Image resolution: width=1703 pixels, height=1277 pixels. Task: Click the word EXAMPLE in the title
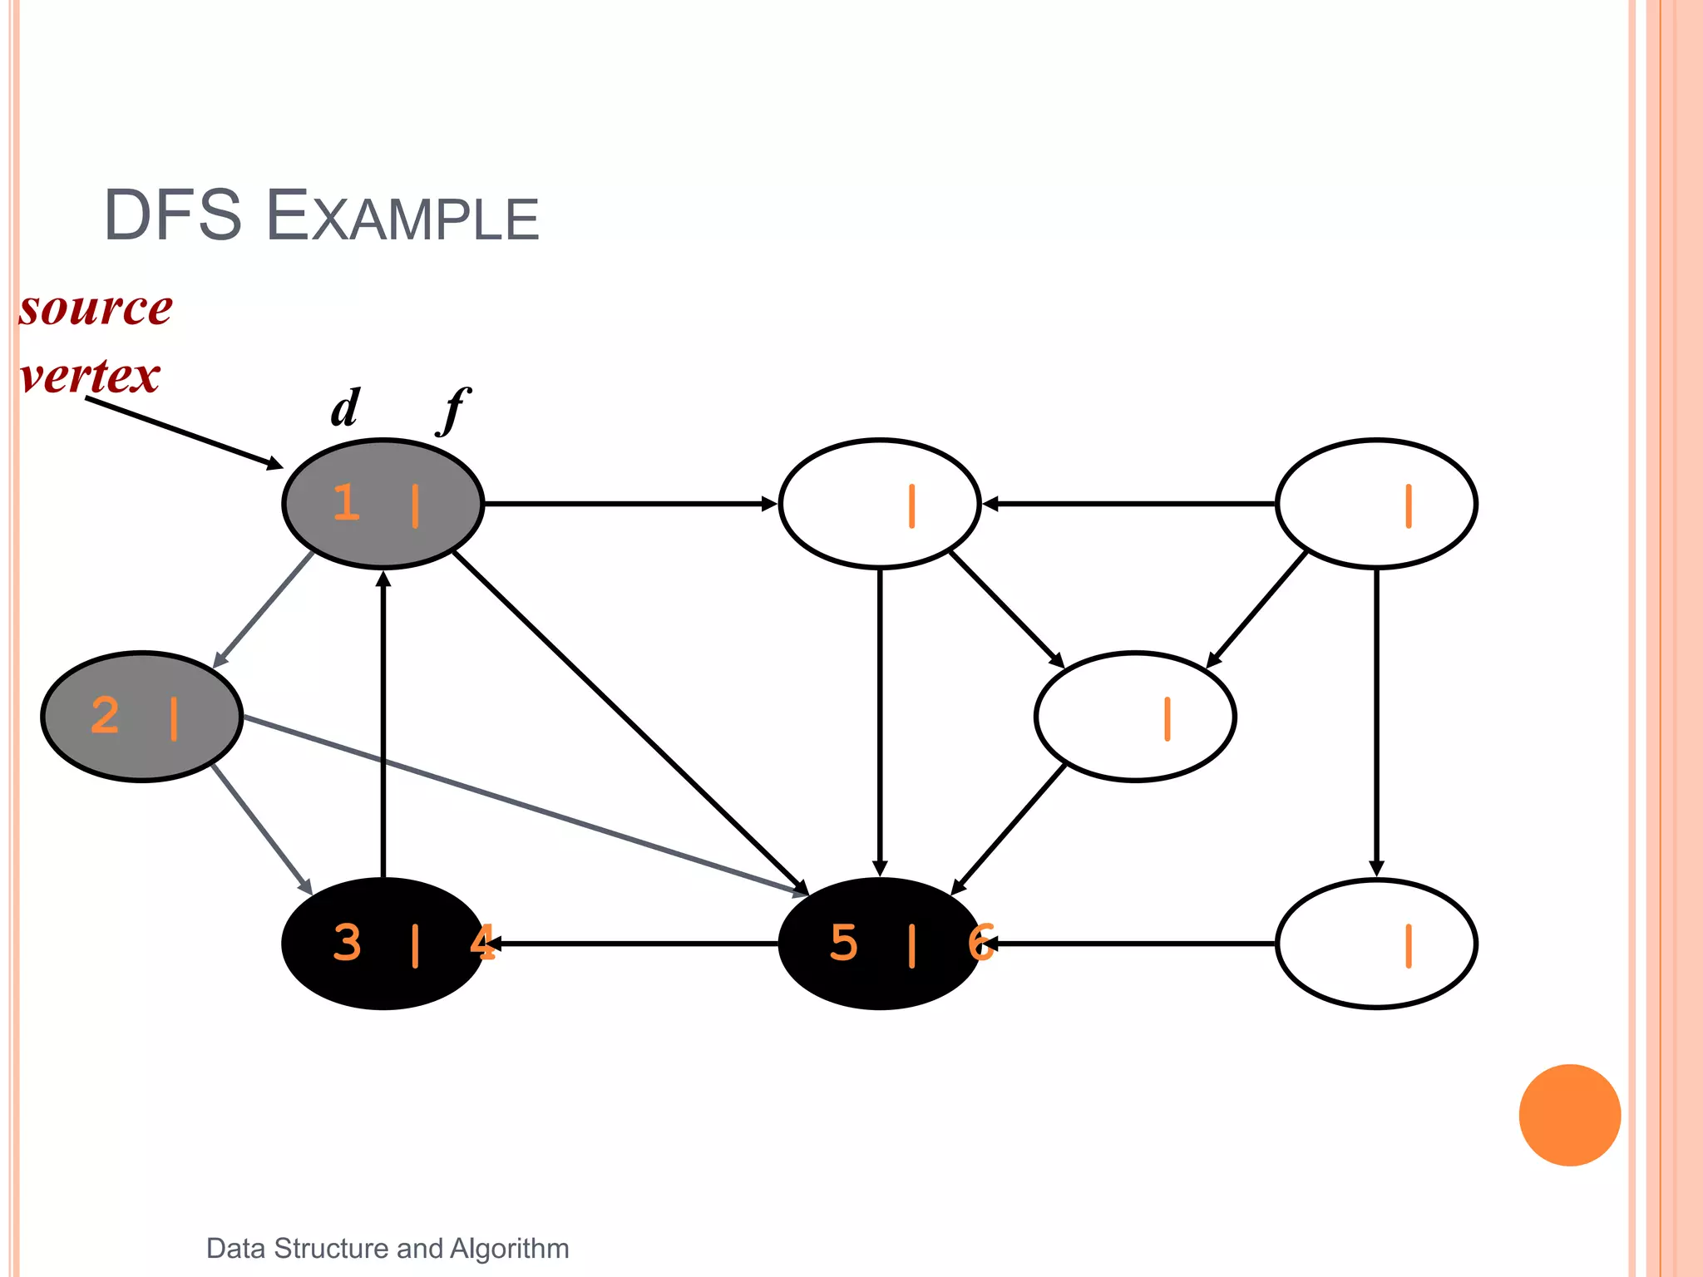pos(403,217)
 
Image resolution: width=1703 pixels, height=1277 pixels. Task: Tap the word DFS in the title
pos(172,216)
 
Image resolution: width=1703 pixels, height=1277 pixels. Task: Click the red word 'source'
pos(96,308)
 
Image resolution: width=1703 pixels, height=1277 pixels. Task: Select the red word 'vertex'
pos(90,376)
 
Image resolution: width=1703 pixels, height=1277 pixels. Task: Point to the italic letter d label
pos(345,407)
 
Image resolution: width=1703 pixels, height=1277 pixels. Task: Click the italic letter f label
pos(454,409)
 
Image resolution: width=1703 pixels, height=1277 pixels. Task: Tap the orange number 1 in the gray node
pos(346,503)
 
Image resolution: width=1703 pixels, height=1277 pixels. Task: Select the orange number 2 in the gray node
pos(105,716)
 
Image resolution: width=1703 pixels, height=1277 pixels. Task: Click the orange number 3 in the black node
pos(347,943)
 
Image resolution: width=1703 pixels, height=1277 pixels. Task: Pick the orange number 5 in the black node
pos(843,943)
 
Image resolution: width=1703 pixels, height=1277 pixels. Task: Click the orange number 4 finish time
pos(482,943)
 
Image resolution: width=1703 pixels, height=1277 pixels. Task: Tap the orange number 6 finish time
pos(980,943)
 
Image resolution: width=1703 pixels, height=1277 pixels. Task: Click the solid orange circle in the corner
pos(1569,1115)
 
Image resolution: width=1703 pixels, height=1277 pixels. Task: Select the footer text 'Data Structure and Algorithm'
pos(387,1248)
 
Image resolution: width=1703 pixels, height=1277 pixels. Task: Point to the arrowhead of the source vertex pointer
pos(274,464)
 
